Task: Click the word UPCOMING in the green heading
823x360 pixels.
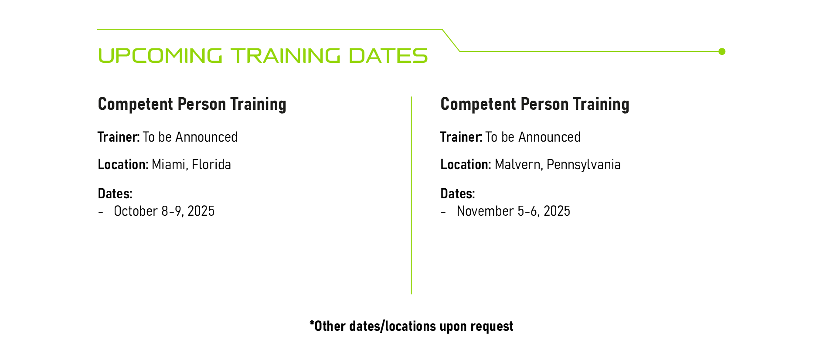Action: tap(160, 56)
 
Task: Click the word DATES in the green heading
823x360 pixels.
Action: tap(388, 56)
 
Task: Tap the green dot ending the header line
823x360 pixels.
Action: tap(722, 51)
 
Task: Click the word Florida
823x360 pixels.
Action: tap(211, 164)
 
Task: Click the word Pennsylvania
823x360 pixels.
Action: tap(584, 165)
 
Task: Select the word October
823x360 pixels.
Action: tap(136, 211)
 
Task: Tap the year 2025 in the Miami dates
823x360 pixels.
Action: tap(201, 211)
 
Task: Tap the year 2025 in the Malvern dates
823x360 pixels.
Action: tap(557, 211)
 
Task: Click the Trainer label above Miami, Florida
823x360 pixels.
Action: tap(119, 137)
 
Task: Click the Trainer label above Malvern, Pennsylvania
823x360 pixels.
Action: tap(461, 137)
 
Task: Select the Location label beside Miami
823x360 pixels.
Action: tap(123, 164)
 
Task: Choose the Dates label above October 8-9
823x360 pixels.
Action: tap(115, 194)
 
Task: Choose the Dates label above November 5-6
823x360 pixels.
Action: tap(458, 194)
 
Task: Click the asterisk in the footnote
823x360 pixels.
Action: tap(312, 323)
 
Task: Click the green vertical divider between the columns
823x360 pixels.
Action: tap(411, 195)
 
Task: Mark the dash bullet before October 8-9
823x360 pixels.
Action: tap(101, 212)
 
